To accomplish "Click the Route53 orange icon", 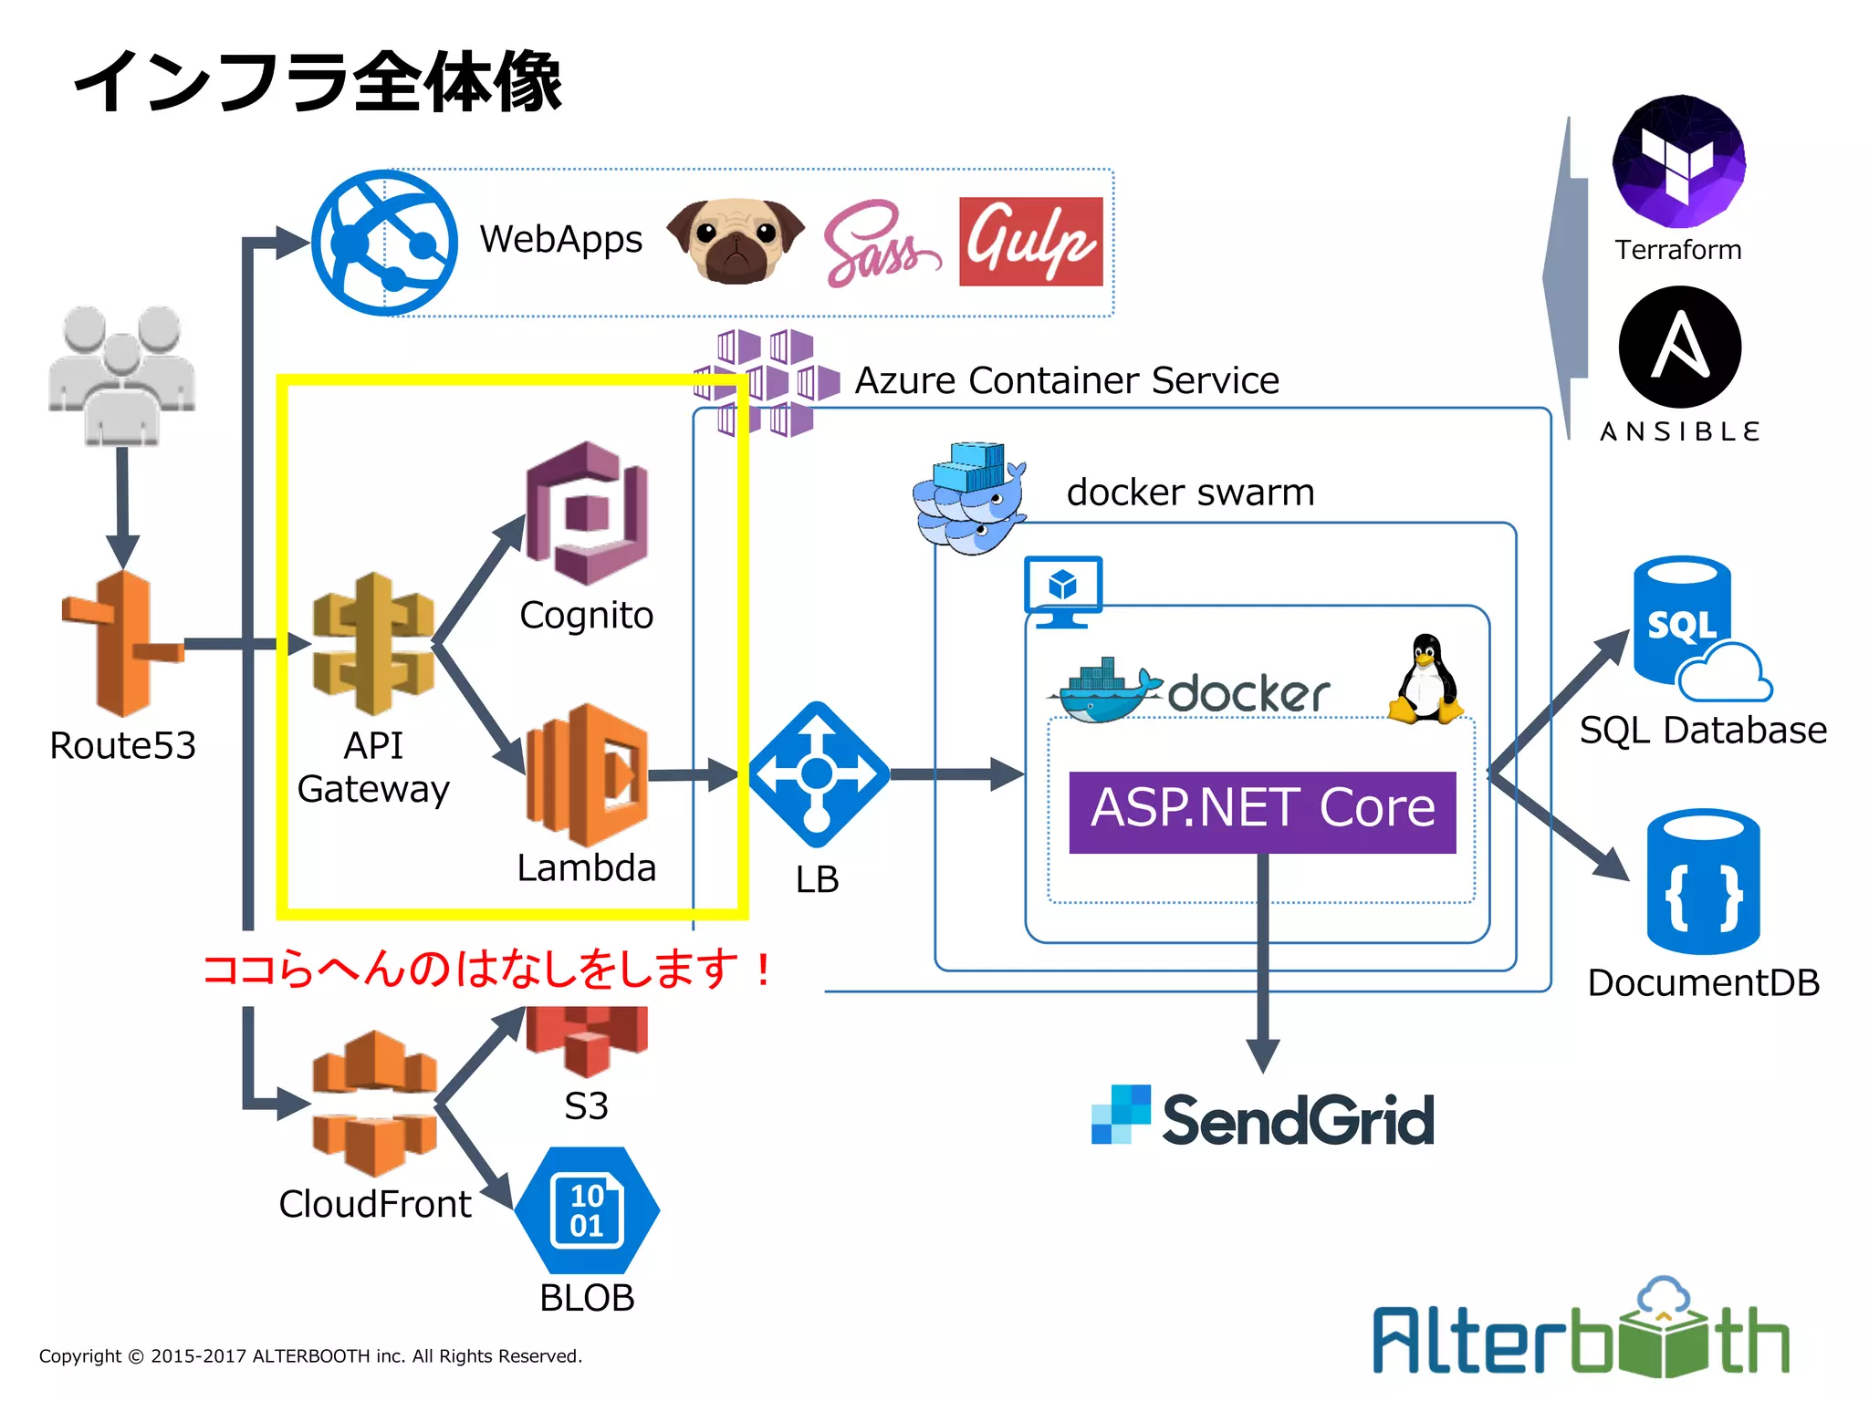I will coord(123,644).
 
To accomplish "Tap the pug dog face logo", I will coord(736,241).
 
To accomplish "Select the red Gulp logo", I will coord(1030,242).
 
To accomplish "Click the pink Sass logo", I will coord(876,244).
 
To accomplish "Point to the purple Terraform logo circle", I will coord(1678,162).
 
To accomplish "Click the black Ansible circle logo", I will coord(1679,348).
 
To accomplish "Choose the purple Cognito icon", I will coord(587,513).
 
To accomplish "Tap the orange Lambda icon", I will coord(587,774).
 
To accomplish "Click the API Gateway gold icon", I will coord(373,644).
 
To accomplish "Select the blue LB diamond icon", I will coord(818,774).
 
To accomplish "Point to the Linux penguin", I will coord(1425,680).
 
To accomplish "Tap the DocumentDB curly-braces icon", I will coord(1703,882).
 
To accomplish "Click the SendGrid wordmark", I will coord(1297,1119).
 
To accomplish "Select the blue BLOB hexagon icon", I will coord(587,1210).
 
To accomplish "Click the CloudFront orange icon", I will coord(373,1104).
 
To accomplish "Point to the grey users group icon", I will coord(121,375).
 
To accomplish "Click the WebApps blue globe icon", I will coord(384,244).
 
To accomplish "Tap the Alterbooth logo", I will coord(1582,1331).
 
